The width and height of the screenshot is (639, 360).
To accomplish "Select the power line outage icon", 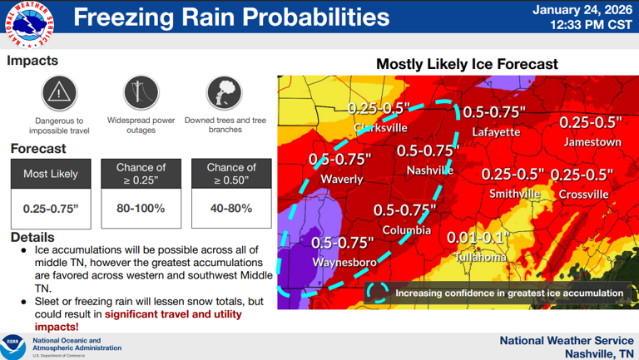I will tap(141, 91).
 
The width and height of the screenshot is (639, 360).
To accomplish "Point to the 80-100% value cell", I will tap(141, 208).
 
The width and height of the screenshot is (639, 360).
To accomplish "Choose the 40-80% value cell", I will tap(230, 208).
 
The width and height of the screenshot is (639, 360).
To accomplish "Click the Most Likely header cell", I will tap(51, 174).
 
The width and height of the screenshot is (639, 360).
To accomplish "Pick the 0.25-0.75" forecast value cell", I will tap(51, 208).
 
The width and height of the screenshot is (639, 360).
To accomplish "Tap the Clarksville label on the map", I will tap(380, 128).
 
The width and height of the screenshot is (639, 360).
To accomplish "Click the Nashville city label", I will tap(429, 170).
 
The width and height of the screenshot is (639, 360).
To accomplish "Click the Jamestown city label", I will tap(592, 142).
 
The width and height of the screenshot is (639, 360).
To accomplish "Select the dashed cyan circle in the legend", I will tap(378, 292).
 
